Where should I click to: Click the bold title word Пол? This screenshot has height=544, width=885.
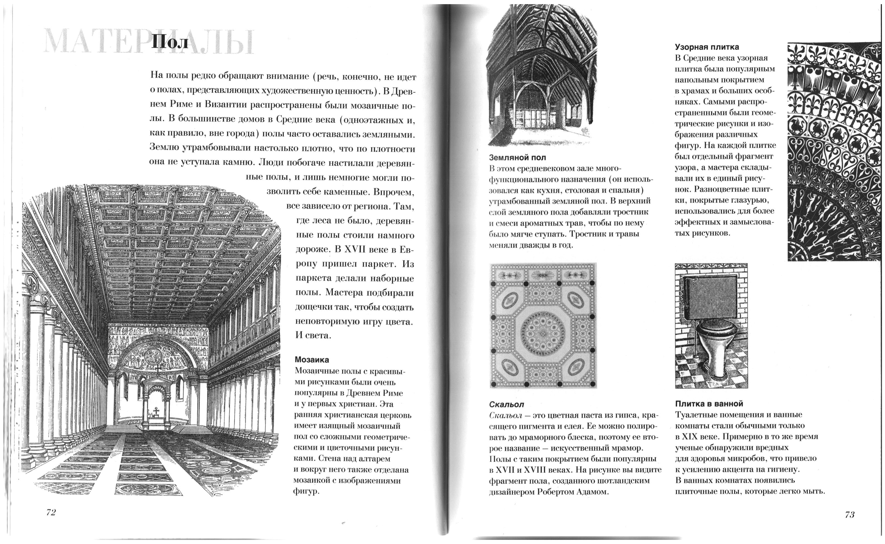coord(169,42)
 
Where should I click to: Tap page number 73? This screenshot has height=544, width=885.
coord(850,514)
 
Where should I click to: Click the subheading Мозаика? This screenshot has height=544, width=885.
coord(312,359)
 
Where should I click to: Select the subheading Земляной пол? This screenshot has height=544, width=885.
coord(517,157)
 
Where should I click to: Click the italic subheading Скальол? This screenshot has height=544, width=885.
coord(506,404)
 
